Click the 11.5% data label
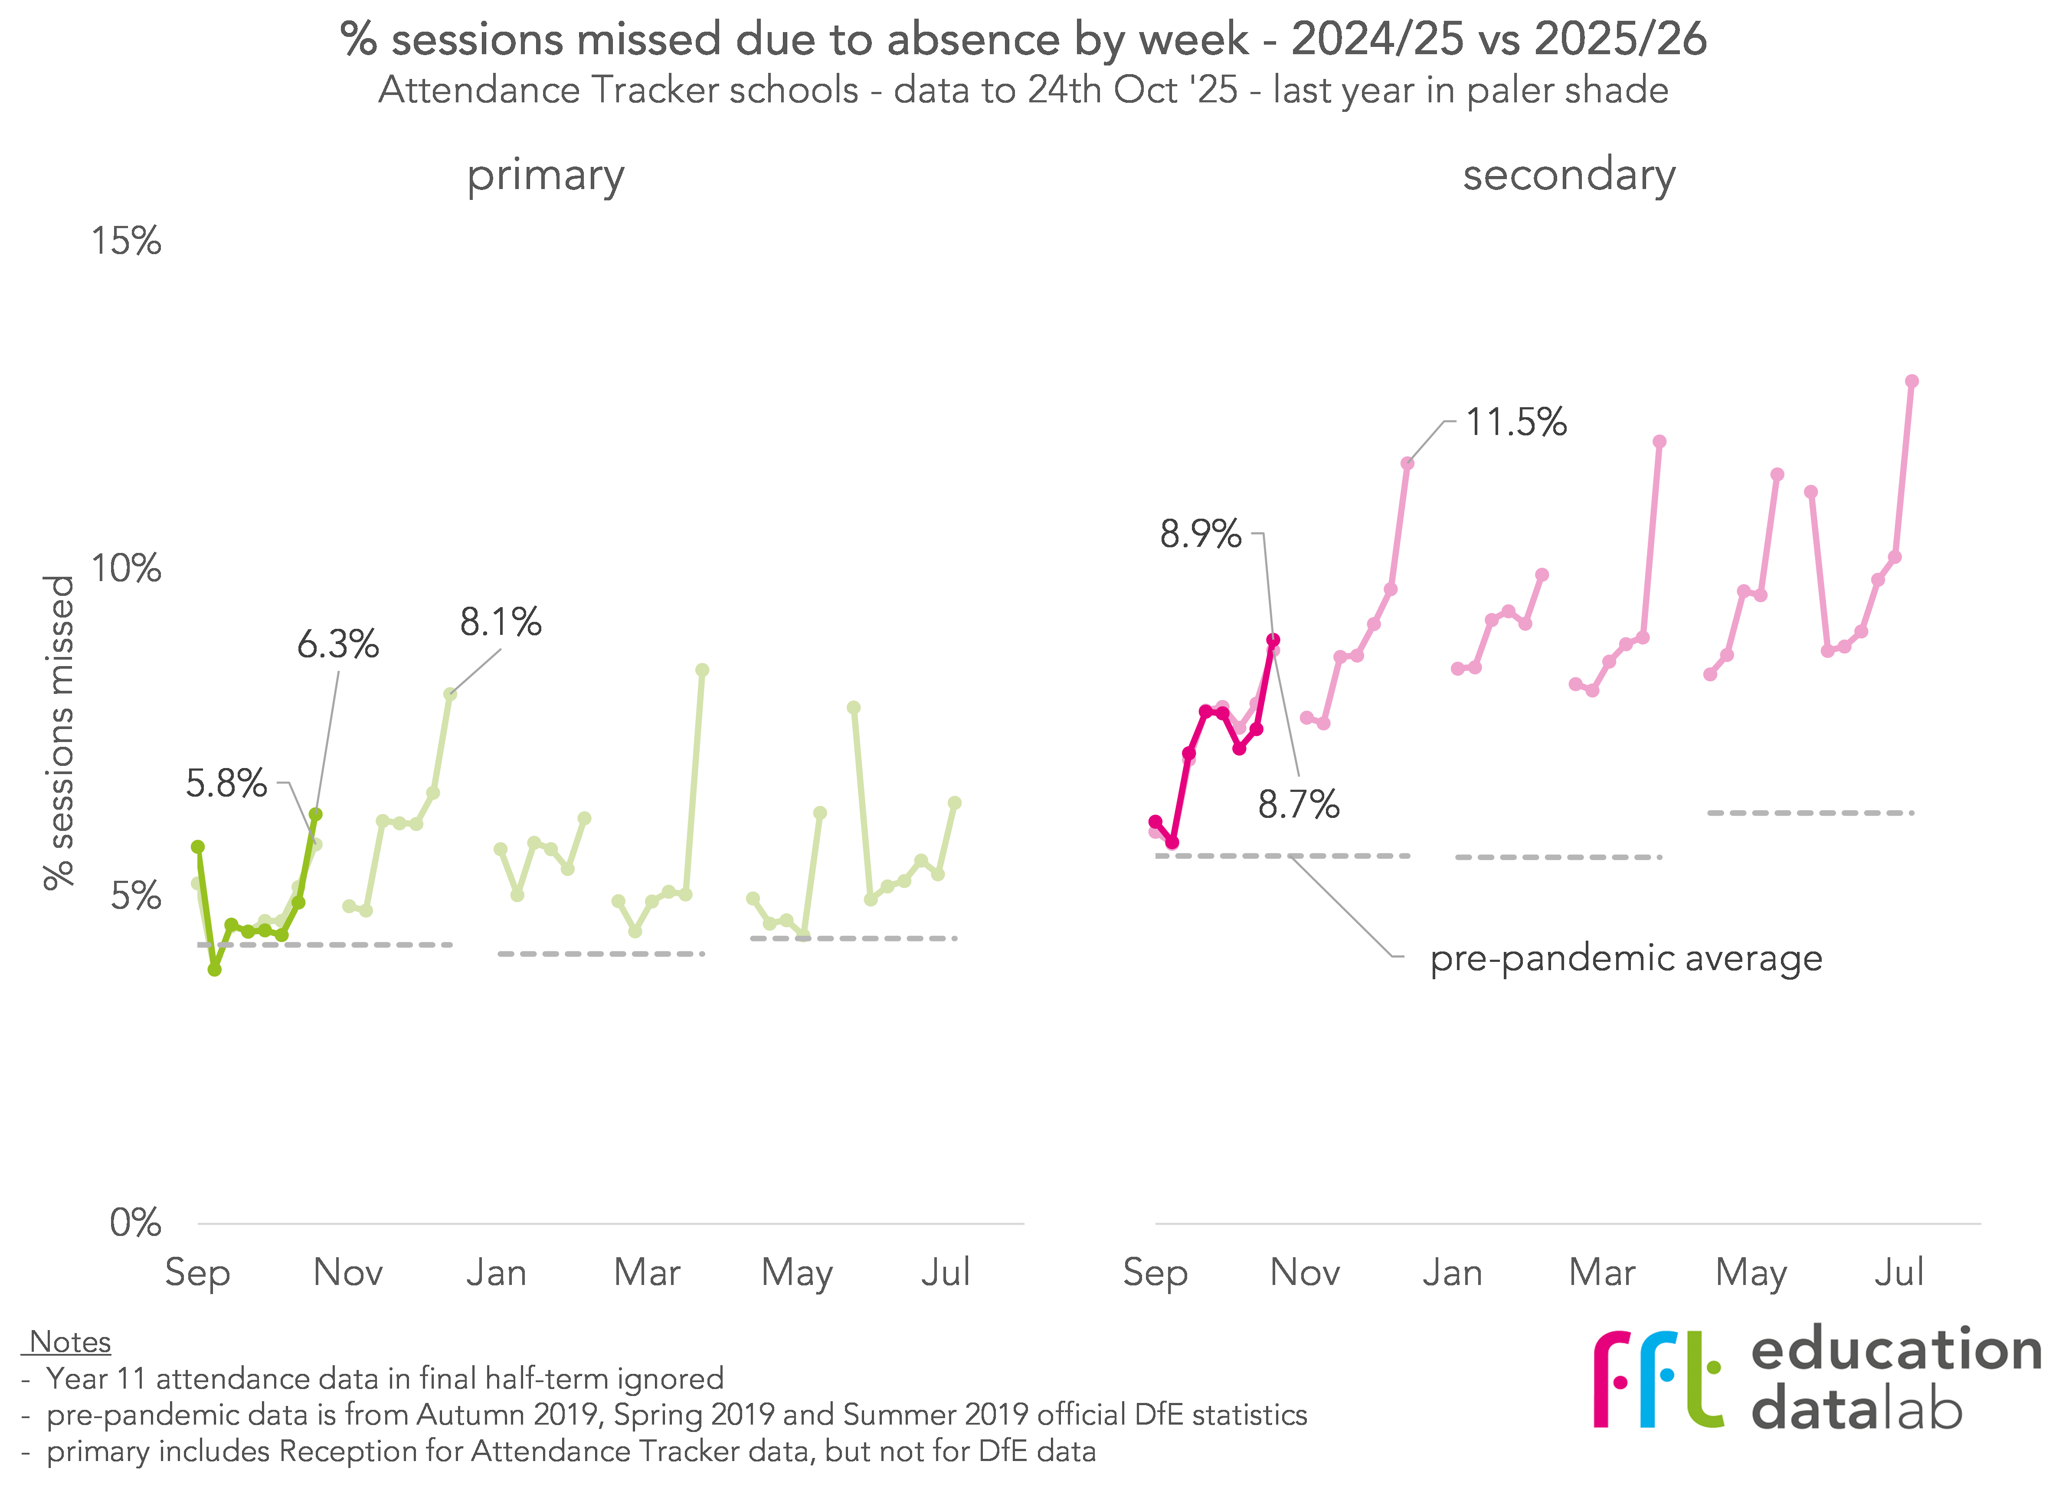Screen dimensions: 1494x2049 point(1515,422)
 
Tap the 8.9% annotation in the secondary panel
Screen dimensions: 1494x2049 point(1200,534)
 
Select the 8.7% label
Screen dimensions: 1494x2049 point(1299,804)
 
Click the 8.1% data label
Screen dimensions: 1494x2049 point(500,622)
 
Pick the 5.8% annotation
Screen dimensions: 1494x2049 point(226,783)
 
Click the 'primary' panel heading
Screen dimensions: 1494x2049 point(545,176)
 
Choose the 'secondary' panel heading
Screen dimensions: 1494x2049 point(1569,176)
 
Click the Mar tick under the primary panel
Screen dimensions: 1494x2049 point(647,1272)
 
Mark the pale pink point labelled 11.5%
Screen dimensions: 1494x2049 point(1407,463)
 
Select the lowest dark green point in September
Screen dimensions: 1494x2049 point(214,969)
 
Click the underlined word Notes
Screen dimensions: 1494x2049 point(70,1342)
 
